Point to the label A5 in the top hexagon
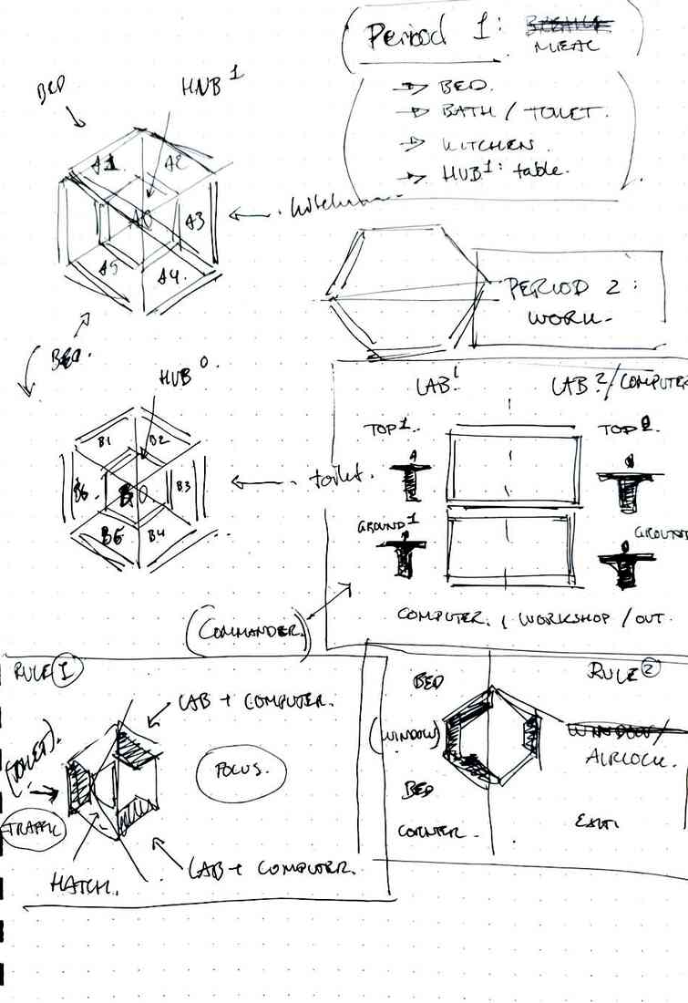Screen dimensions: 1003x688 [x=109, y=268]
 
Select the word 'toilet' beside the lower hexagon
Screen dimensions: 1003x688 [x=334, y=477]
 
